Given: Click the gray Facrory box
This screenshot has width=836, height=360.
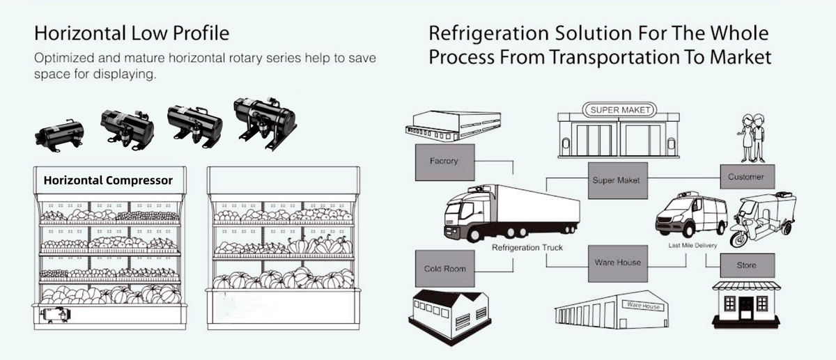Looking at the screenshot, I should click(444, 162).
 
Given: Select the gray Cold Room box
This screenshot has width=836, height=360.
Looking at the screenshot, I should click(444, 269).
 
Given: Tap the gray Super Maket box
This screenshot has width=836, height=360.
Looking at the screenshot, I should click(616, 180).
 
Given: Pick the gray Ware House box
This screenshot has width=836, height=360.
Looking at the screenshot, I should click(617, 263).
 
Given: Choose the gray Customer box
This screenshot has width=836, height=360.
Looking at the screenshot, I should click(745, 177).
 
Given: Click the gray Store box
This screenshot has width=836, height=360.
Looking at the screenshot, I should click(746, 266).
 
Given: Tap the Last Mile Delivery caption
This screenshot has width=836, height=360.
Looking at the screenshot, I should click(689, 245).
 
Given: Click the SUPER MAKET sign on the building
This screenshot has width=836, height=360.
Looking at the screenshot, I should click(620, 110).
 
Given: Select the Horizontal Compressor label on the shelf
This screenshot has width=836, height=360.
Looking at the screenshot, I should click(107, 180).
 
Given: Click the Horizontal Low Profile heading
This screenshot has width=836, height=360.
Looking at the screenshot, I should click(132, 33).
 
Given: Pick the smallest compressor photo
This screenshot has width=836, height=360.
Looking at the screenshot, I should click(58, 132).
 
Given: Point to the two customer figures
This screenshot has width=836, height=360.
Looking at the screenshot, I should click(752, 137).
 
